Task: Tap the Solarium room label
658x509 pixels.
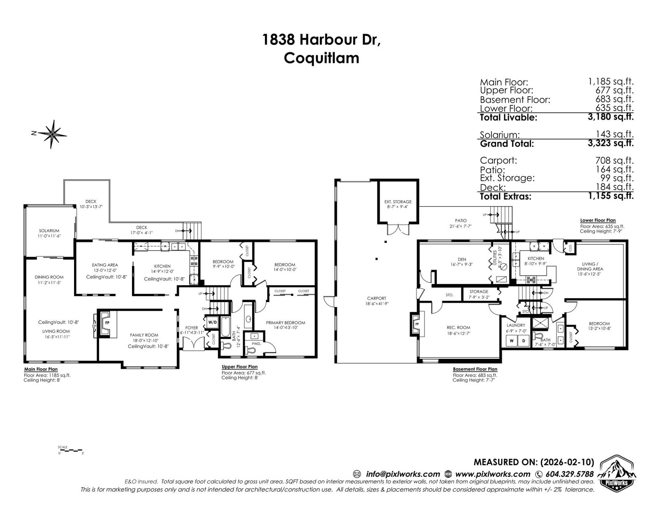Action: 49,231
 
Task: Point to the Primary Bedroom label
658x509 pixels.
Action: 285,323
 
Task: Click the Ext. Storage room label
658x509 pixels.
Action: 398,202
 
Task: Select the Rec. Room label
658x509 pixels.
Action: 456,328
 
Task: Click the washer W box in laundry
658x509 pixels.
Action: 512,341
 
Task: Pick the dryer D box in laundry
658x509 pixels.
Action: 524,341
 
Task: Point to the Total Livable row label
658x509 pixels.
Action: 508,118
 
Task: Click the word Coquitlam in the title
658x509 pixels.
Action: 322,58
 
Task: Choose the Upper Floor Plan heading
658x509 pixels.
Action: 239,367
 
